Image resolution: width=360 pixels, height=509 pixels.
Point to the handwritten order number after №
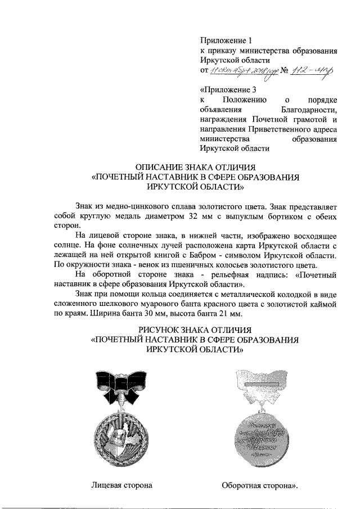(x=313, y=71)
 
